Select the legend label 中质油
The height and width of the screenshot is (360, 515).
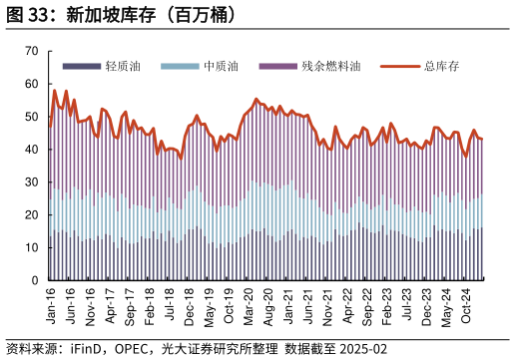point(220,66)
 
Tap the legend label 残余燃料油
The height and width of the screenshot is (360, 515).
point(330,66)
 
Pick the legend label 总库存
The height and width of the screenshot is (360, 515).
point(440,66)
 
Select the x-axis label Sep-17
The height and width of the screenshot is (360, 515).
point(130,304)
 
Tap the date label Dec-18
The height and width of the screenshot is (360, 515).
point(190,304)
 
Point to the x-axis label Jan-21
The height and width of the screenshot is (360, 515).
point(288,304)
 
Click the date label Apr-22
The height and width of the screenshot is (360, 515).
point(347,304)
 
